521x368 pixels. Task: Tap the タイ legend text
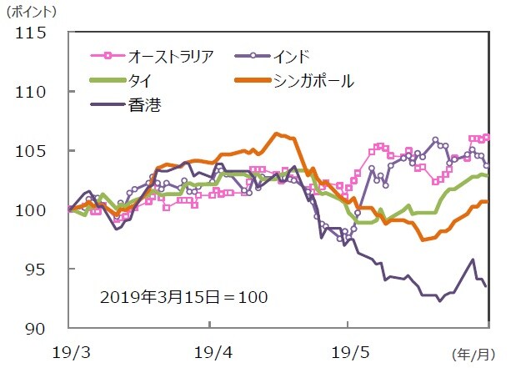tap(140, 81)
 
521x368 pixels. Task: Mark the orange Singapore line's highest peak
tap(277, 134)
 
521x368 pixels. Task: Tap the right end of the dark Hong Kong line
tap(486, 286)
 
